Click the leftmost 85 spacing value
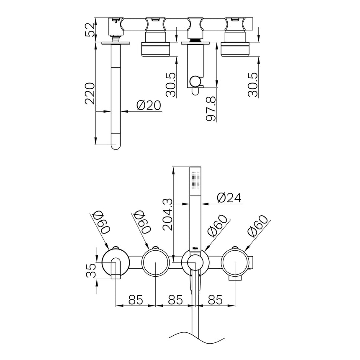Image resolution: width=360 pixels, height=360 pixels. (x=136, y=300)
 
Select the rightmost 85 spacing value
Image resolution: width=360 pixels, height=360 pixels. (x=216, y=300)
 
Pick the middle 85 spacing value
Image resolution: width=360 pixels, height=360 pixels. (x=176, y=300)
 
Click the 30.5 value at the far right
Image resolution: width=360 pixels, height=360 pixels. (x=253, y=84)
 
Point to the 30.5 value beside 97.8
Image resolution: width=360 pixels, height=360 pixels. (x=170, y=84)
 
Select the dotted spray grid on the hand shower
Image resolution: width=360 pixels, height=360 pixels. (x=195, y=182)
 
